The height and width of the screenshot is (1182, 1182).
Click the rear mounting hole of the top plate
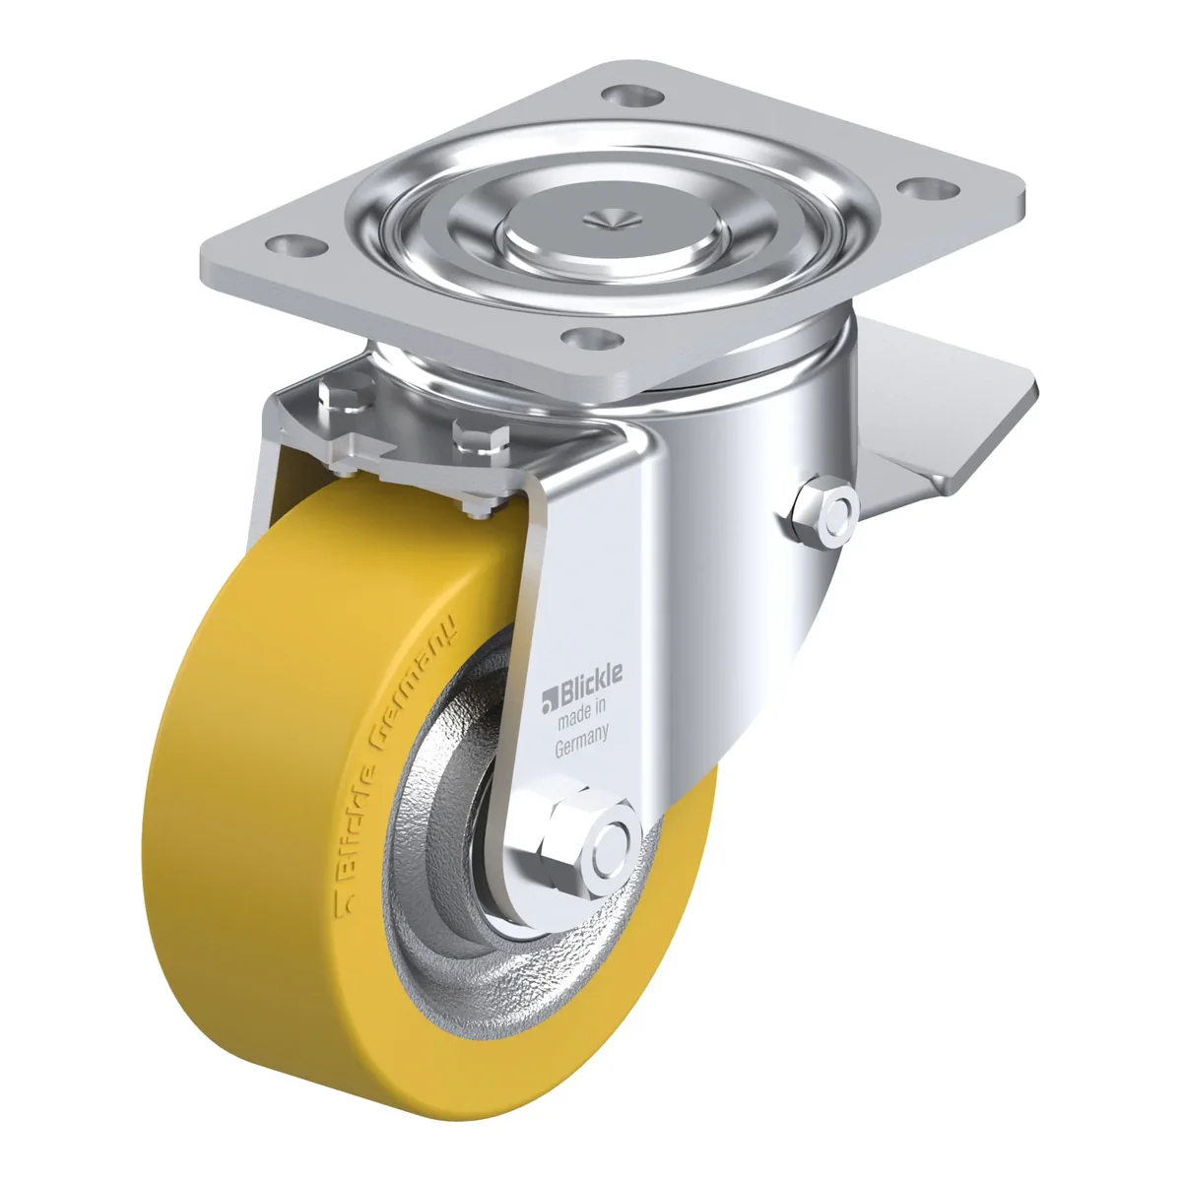pos(631,95)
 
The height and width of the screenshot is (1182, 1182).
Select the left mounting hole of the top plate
pos(295,246)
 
